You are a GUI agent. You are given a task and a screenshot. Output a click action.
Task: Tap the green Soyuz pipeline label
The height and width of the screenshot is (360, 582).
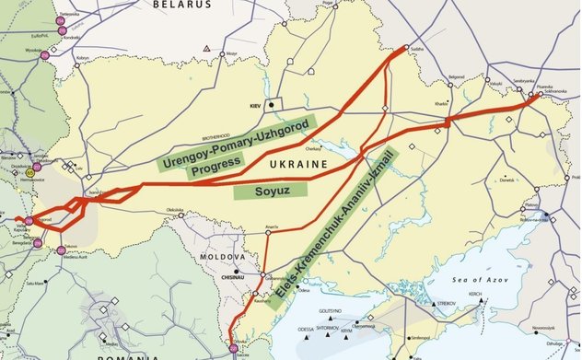(x=269, y=191)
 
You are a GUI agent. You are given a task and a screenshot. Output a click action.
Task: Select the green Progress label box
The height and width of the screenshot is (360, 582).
(x=215, y=162)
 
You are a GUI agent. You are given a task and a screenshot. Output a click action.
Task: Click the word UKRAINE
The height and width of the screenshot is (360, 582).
(x=297, y=164)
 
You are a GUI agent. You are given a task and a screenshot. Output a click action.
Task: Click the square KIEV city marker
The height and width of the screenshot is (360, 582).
(x=271, y=104)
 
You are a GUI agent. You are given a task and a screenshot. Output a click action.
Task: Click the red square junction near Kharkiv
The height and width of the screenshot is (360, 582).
(x=447, y=122)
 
